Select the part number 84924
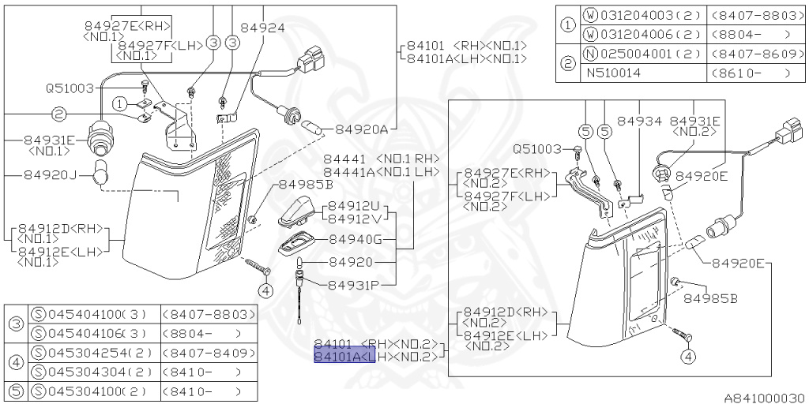(x=262, y=27)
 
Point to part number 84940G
(x=355, y=239)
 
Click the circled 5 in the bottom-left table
(x=15, y=391)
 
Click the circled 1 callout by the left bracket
(x=119, y=103)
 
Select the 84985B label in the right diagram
(x=710, y=299)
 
